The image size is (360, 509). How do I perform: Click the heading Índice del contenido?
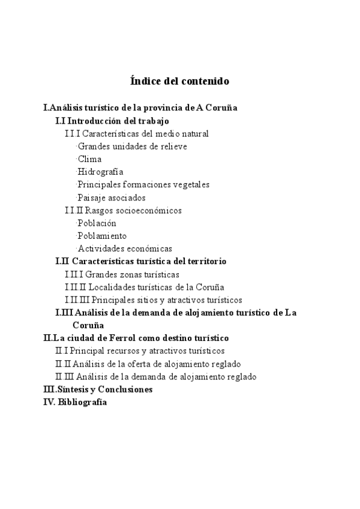(179, 80)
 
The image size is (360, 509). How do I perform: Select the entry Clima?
(90, 159)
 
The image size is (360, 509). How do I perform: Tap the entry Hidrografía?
(101, 172)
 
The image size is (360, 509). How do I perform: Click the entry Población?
(97, 223)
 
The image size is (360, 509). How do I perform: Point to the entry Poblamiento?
(102, 236)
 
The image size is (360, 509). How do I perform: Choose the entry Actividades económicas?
(125, 248)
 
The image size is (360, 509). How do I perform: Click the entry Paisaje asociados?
(112, 197)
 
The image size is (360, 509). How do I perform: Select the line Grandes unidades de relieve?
(132, 146)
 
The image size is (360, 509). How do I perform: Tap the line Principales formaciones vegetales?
(143, 184)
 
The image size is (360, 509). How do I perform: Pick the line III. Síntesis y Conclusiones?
(98, 390)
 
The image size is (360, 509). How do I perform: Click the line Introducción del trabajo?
(112, 121)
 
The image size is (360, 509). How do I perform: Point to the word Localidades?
(115, 287)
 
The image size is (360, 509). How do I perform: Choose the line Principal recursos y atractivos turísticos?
(140, 351)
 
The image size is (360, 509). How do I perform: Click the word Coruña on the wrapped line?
(88, 325)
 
